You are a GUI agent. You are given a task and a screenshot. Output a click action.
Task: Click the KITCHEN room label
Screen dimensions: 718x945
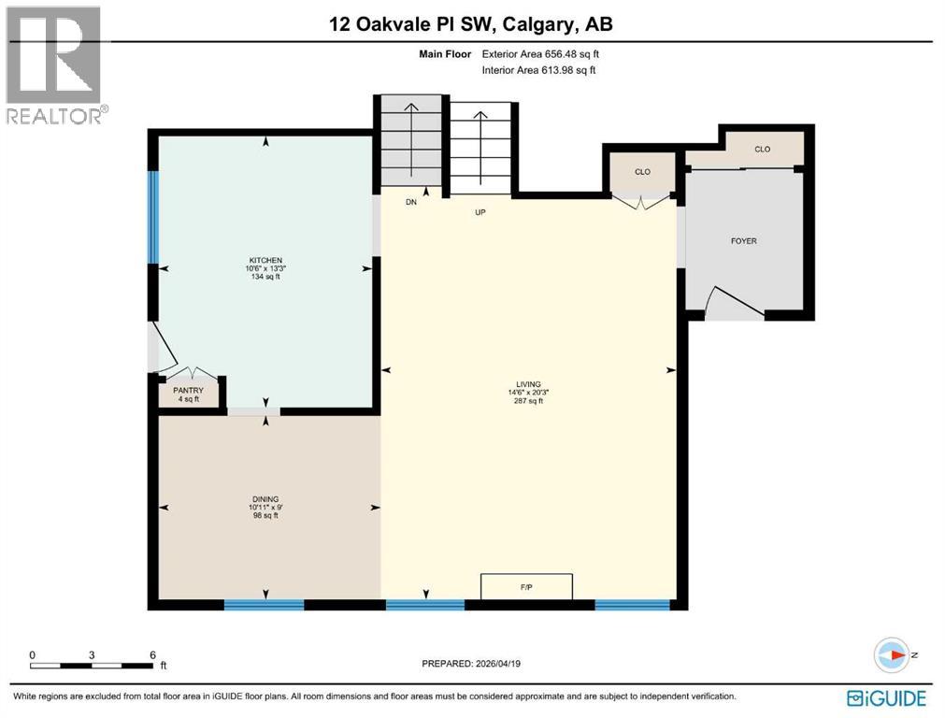coord(265,260)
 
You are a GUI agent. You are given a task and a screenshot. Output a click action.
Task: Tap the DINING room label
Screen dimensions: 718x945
coord(265,499)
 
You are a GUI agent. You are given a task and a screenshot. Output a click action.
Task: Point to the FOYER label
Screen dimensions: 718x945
coord(743,241)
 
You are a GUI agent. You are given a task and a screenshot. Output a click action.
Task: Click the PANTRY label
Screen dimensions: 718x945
coord(189,391)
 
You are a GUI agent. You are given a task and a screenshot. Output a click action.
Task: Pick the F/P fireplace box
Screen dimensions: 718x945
coord(526,586)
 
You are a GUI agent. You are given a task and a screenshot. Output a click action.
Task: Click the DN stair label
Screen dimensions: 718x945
coord(410,201)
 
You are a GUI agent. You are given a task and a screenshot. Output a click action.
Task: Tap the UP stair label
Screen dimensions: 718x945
coord(481,212)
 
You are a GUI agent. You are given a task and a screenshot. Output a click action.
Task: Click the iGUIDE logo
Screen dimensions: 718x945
coord(886,697)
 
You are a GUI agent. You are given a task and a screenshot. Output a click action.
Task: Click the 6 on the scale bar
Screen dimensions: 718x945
coord(151,654)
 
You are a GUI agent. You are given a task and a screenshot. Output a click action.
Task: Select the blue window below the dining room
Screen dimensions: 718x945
coord(264,605)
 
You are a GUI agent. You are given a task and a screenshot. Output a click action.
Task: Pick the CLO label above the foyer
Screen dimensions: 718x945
coord(762,149)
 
